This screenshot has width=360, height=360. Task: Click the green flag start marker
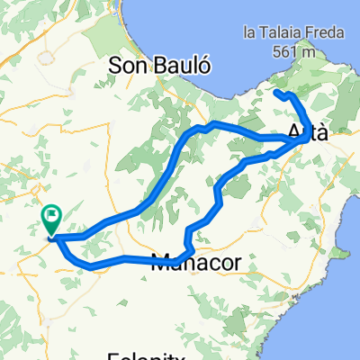50,217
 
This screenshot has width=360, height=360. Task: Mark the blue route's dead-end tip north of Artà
274,93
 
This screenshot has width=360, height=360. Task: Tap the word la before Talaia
250,33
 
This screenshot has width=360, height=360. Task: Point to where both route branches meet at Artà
299,141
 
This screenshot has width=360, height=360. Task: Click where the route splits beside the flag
57,238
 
